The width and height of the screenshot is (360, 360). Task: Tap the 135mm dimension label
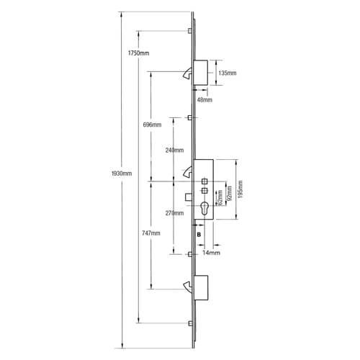click(228, 73)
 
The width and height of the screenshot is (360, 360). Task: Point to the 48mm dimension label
click(204, 99)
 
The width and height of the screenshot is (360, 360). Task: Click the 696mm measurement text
click(151, 125)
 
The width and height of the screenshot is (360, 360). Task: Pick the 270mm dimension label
click(174, 213)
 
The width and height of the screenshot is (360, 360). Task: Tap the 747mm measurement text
click(151, 234)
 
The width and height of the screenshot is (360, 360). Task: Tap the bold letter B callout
click(199, 235)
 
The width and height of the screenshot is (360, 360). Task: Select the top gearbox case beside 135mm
click(201, 72)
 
